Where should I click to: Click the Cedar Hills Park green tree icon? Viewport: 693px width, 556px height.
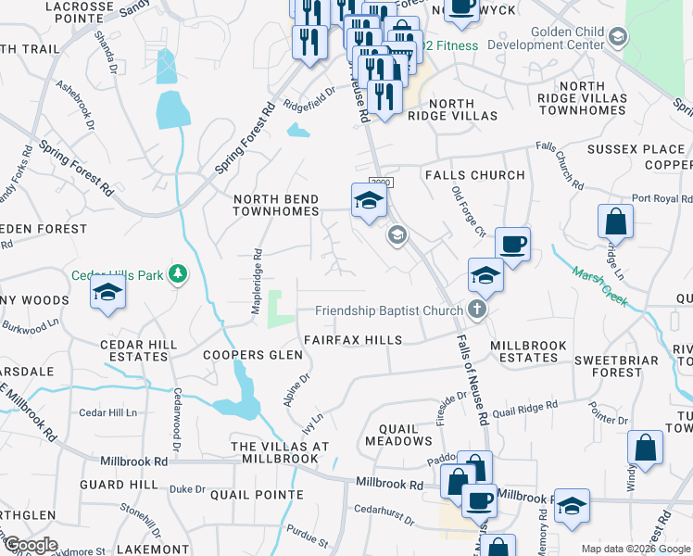click(x=177, y=274)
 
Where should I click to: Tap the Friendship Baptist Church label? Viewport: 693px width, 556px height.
click(x=388, y=310)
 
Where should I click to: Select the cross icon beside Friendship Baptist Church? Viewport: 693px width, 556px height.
click(x=477, y=310)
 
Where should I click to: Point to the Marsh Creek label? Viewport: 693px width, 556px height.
click(x=600, y=285)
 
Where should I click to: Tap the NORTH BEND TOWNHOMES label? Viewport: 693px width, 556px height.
click(x=276, y=207)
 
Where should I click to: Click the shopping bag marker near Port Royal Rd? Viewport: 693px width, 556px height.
click(x=616, y=222)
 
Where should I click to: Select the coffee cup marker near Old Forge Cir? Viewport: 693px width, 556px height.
click(x=512, y=245)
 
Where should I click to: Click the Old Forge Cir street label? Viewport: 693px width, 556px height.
click(x=468, y=211)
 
